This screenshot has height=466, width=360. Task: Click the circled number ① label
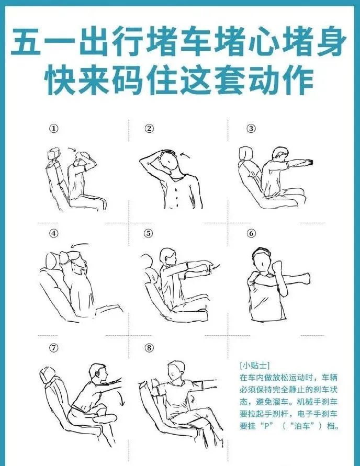pyautogui.click(x=54, y=129)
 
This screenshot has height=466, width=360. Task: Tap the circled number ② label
pyautogui.click(x=149, y=129)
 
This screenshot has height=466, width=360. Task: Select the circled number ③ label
pyautogui.click(x=251, y=129)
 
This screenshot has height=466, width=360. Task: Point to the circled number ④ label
pyautogui.click(x=54, y=233)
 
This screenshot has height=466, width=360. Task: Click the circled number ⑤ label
pyautogui.click(x=148, y=233)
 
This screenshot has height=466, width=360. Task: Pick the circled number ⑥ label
pyautogui.click(x=251, y=233)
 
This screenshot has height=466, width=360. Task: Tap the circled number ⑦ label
pyautogui.click(x=54, y=348)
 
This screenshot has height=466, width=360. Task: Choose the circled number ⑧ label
pyautogui.click(x=149, y=348)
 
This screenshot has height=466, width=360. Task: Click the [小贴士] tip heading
pyautogui.click(x=254, y=365)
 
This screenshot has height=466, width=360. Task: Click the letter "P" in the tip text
pyautogui.click(x=268, y=426)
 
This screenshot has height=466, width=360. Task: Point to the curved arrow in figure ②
pyautogui.click(x=185, y=155)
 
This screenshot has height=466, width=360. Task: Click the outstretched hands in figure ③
pyautogui.click(x=310, y=162)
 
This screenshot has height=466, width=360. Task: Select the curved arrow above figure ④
pyautogui.click(x=80, y=245)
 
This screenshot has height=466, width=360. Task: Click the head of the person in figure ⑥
pyautogui.click(x=262, y=260)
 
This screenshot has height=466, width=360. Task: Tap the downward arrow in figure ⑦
pyautogui.click(x=121, y=399)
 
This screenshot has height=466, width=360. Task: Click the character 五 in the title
pyautogui.click(x=26, y=42)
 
